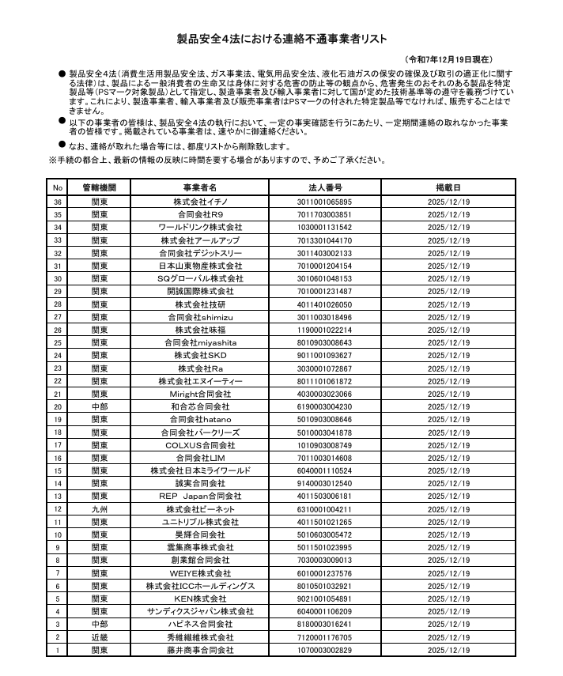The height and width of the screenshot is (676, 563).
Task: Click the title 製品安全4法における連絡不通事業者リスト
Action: (281, 38)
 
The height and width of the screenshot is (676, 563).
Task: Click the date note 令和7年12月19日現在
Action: (450, 59)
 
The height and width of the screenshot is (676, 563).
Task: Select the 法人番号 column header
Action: (324, 188)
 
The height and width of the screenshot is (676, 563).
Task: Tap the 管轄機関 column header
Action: (99, 188)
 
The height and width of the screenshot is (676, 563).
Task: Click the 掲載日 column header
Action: (448, 188)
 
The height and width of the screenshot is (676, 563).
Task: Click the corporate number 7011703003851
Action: (324, 214)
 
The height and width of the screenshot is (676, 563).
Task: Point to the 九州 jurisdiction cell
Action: (99, 510)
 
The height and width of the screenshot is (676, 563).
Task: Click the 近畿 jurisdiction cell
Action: (99, 638)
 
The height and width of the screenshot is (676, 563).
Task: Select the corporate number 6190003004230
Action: (324, 406)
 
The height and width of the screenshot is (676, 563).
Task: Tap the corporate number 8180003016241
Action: (324, 625)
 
